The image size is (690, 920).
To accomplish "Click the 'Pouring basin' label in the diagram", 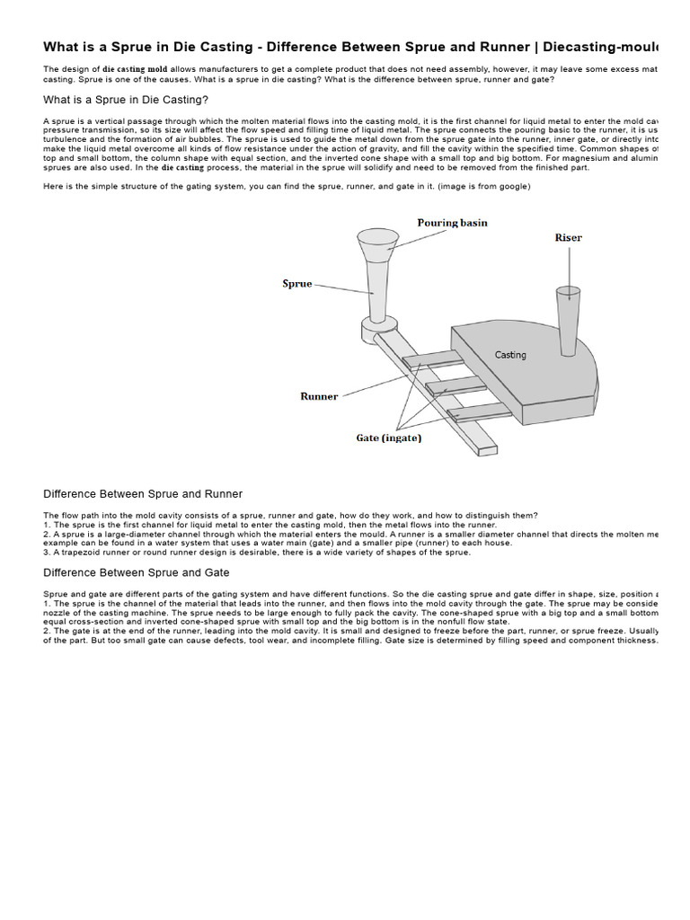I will point(452,223).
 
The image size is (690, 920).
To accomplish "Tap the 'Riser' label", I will point(568,238).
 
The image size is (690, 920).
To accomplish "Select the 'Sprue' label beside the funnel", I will point(297,284).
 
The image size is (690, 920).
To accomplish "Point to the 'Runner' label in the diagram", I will point(319,396).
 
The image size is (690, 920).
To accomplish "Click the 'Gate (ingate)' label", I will point(389,438).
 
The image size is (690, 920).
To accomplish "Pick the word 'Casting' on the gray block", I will point(510,355).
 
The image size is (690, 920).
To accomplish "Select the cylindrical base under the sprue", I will point(376,330).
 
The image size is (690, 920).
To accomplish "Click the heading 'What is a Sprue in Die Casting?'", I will point(126,100).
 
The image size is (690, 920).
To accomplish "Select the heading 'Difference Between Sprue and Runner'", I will point(143,494).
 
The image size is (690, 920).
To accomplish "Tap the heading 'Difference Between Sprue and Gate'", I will point(137,572).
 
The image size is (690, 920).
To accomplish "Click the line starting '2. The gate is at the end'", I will point(350,632).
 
